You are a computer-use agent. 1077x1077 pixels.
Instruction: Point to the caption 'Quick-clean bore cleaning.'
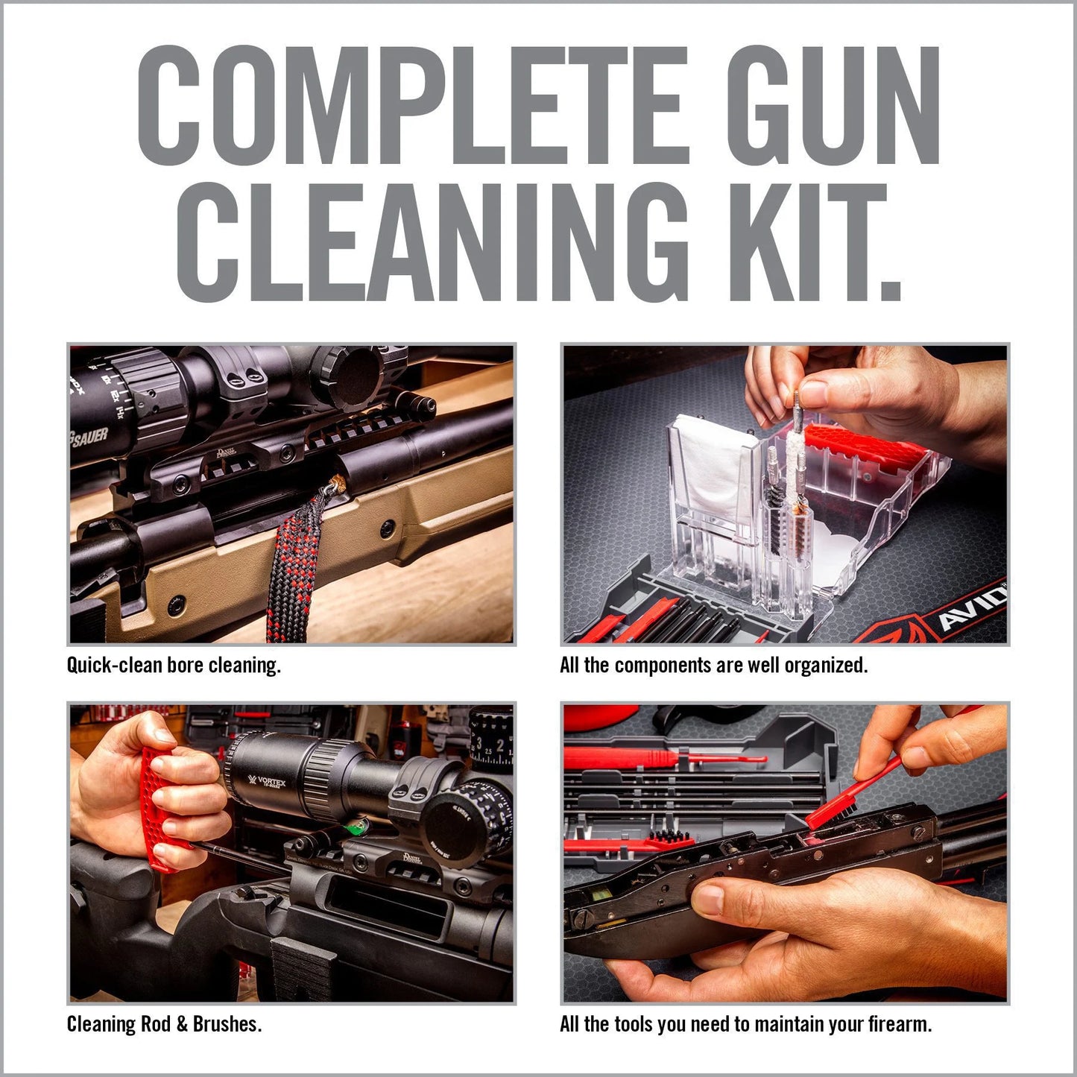174,665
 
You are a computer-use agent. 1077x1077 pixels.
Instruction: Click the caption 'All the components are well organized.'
713,665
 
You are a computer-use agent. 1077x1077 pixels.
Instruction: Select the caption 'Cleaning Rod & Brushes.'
164,1024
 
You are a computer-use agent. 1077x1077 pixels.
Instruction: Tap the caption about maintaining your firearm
745,1024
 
